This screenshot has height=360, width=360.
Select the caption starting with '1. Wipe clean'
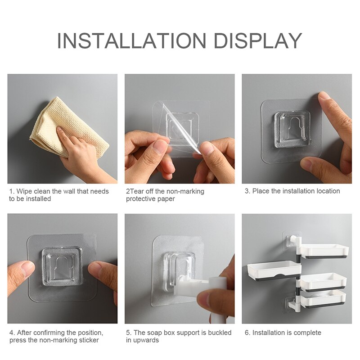58,195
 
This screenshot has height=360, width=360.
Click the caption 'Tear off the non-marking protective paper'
165,195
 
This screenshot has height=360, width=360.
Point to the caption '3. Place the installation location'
292,191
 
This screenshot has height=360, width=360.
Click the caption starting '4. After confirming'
56,336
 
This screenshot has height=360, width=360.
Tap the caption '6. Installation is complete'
283,333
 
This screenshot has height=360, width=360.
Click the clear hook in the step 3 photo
292,130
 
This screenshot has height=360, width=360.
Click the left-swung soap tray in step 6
273,270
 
